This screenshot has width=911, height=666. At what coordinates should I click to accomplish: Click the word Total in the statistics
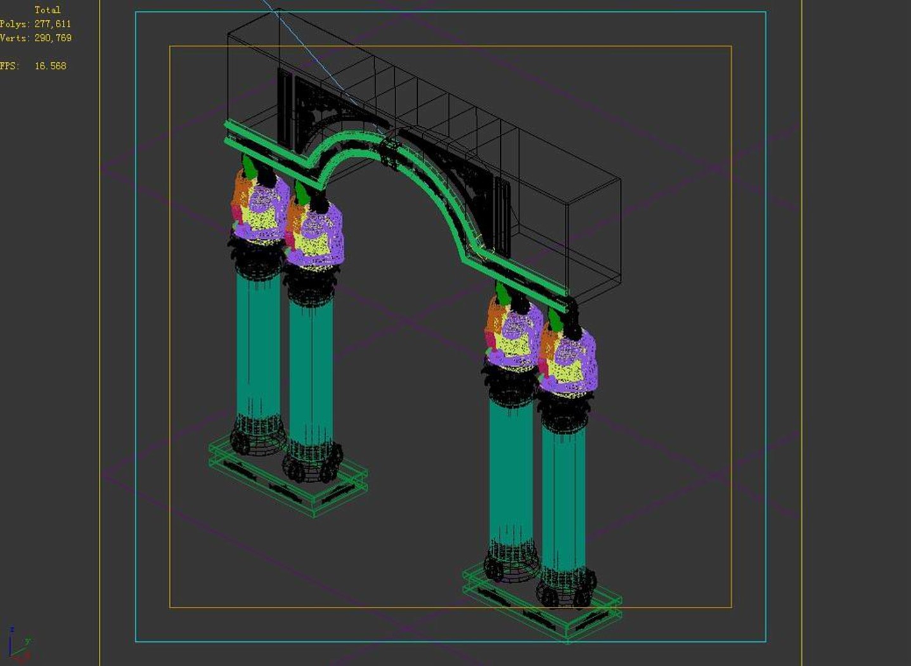pos(48,10)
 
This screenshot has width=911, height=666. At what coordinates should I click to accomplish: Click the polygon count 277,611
pos(53,24)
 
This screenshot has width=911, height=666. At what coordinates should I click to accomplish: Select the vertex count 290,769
pos(53,38)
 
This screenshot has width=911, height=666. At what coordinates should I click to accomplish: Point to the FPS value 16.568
pos(51,66)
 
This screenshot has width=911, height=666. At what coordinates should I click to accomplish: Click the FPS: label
pos(10,66)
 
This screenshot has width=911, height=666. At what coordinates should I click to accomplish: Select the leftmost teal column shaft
pos(259,346)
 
